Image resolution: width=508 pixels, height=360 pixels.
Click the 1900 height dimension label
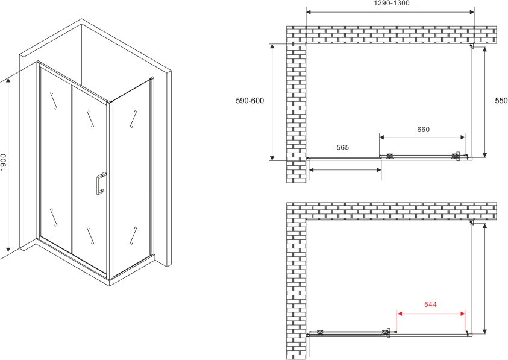point(3,165)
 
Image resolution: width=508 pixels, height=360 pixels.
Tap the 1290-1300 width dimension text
point(392,3)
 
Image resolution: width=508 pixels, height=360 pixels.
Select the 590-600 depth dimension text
point(250,101)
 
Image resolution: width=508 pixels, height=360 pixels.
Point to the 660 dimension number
point(423,130)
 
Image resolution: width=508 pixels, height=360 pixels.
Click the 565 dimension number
point(342,148)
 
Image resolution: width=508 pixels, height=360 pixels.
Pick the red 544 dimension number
point(431,304)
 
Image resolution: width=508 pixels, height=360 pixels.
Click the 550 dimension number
point(501,101)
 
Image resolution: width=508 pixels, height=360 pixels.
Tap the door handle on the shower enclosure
point(101,183)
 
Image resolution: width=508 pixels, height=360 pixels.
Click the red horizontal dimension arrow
point(431,314)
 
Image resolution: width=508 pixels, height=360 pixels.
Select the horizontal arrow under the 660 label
point(422,137)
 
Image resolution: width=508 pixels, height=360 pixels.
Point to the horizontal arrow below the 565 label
point(345,169)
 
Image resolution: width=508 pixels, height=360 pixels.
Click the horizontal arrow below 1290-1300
point(390,12)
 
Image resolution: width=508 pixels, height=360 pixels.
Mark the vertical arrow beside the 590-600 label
point(272,102)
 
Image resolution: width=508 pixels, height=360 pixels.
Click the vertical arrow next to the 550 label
point(484,103)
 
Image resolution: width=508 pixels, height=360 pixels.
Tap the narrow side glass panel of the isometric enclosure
point(131,177)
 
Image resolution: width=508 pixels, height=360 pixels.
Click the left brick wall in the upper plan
point(296,113)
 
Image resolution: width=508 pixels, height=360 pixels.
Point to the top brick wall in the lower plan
point(391,211)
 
